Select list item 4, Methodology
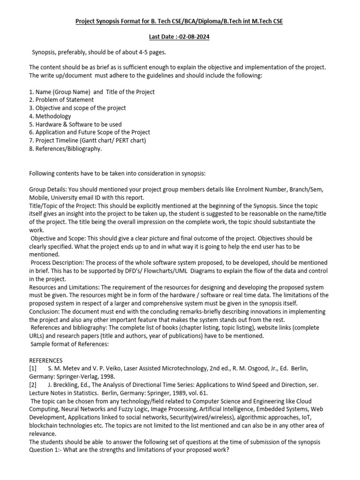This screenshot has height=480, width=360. click(x=50, y=116)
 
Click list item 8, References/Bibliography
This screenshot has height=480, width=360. click(x=65, y=149)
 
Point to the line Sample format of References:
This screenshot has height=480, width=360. click(x=69, y=344)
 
